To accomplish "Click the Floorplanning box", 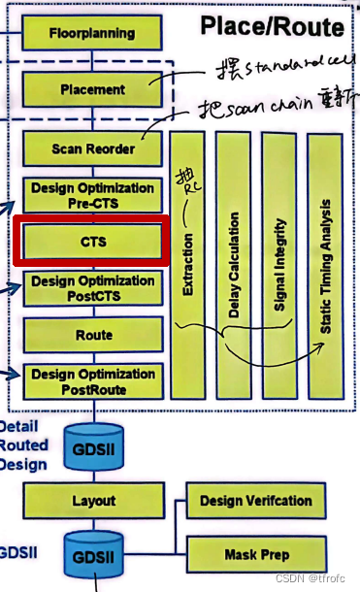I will [x=91, y=32].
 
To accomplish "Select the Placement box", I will [x=91, y=89].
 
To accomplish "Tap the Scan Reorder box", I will [x=93, y=148].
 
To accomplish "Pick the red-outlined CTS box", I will [x=93, y=242].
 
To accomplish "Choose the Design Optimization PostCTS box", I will [x=93, y=288].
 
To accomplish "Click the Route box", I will [x=93, y=335].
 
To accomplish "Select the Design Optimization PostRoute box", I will [x=93, y=380].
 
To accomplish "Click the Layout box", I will [x=93, y=501].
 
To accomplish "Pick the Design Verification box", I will [x=256, y=501].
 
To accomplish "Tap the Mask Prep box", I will [x=256, y=554].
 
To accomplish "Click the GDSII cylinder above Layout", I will [x=93, y=447].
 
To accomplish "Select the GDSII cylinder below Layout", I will [x=93, y=556].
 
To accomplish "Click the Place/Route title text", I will [x=272, y=26].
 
